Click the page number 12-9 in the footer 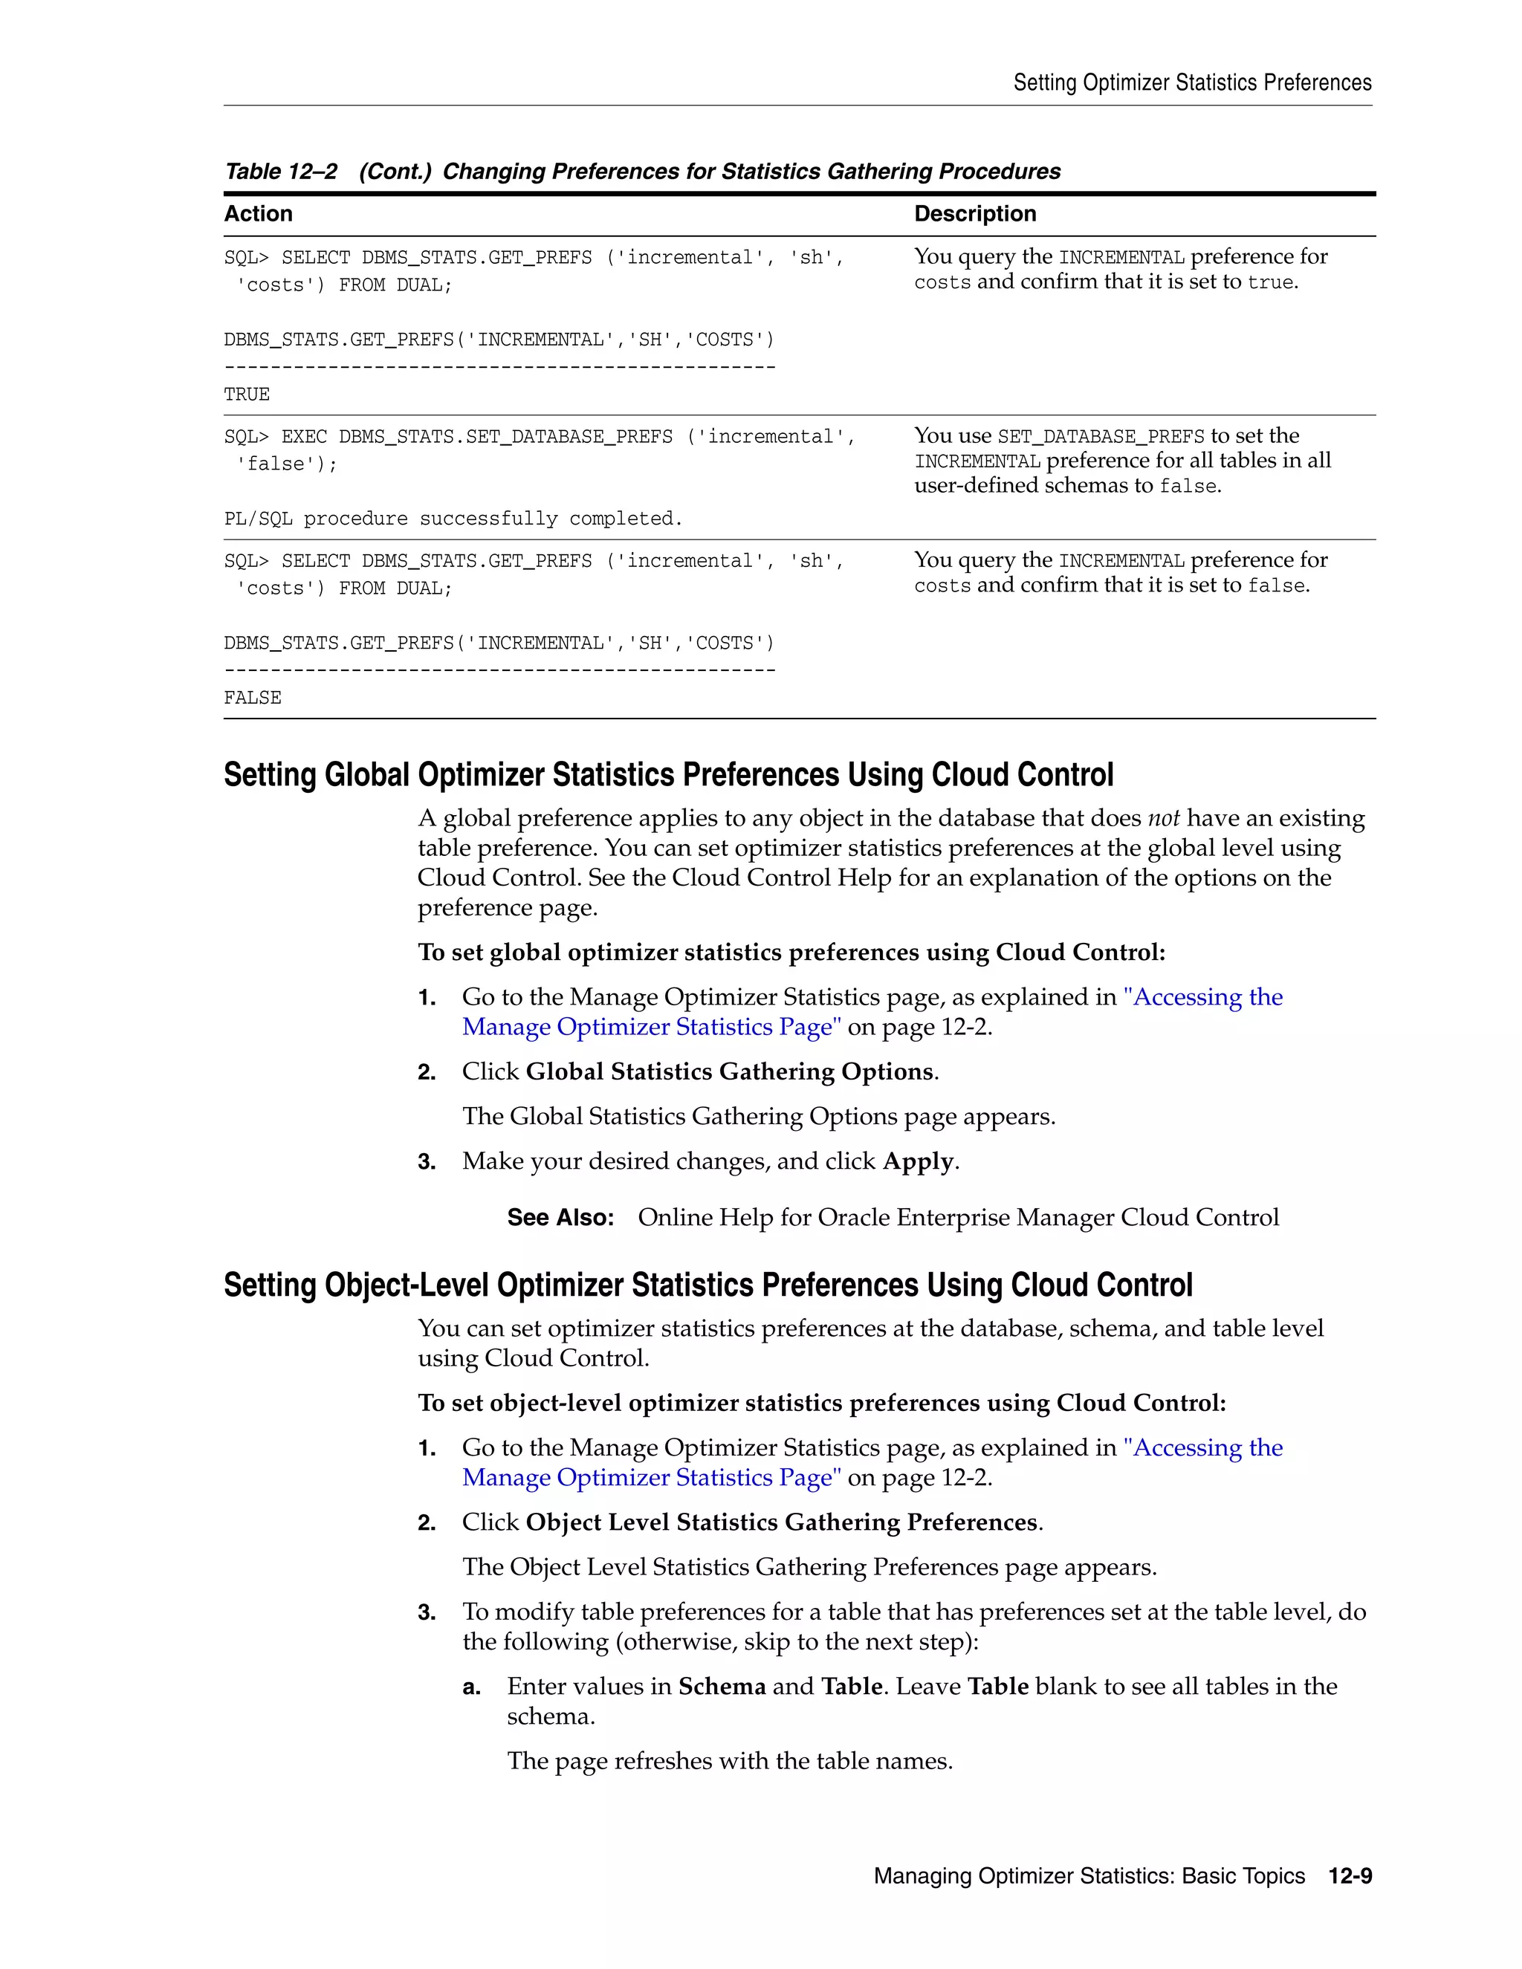point(1350,1876)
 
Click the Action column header point(258,214)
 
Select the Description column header point(975,214)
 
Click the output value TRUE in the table point(246,394)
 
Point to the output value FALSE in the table point(253,698)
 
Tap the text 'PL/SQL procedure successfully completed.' point(453,519)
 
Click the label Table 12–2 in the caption point(280,172)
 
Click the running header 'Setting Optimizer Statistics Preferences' point(1192,83)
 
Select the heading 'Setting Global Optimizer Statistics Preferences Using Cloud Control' point(668,774)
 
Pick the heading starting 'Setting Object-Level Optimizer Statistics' point(707,1285)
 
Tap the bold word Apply point(918,1161)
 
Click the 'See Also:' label point(560,1217)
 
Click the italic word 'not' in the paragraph point(1163,818)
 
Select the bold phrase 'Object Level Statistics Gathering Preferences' point(782,1522)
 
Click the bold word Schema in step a point(722,1686)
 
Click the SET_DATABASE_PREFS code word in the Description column point(1100,436)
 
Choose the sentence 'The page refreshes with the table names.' point(730,1761)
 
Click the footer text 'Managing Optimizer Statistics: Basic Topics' point(1088,1876)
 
